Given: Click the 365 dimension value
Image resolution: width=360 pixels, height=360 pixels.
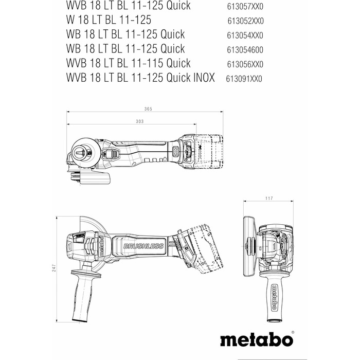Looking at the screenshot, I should [x=149, y=109].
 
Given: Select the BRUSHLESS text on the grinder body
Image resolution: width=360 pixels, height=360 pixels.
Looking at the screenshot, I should [x=143, y=246].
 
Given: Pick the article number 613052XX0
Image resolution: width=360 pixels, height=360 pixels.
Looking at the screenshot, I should [x=245, y=21].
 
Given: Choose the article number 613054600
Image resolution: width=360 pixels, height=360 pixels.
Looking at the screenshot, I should [x=245, y=50].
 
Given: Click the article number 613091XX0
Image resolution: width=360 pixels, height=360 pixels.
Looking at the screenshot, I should [x=245, y=79].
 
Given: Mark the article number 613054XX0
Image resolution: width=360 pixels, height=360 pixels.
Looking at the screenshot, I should [x=245, y=35].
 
